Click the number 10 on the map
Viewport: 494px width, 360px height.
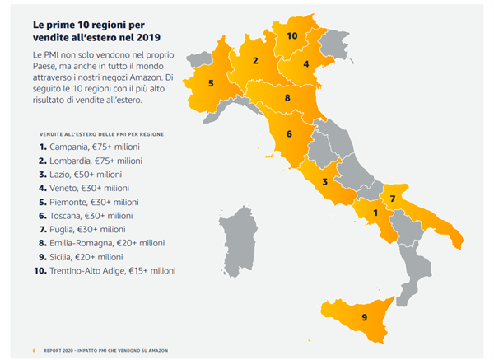[292, 36]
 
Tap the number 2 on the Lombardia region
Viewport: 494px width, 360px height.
[256, 60]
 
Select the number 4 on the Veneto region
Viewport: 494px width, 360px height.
[305, 63]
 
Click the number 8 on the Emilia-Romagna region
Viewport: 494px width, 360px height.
[287, 98]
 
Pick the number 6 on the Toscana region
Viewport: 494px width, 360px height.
[290, 133]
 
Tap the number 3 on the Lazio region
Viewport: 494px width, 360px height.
[325, 182]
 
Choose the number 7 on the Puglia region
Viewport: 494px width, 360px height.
[393, 199]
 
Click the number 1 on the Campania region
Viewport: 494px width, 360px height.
[376, 213]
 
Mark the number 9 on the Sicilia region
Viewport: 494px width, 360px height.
[364, 317]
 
